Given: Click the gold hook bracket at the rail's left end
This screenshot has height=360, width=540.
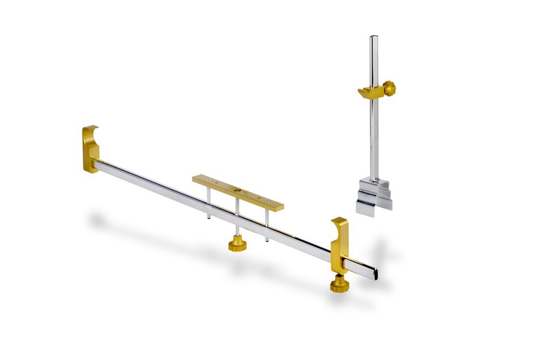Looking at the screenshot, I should click(90, 148).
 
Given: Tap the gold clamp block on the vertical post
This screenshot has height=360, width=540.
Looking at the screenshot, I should click(370, 93).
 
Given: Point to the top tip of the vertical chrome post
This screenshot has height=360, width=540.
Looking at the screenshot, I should click(373, 38).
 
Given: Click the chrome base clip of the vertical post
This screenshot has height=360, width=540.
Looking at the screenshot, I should click(373, 197).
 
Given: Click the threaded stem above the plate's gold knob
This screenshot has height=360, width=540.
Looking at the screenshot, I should click(237, 232).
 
